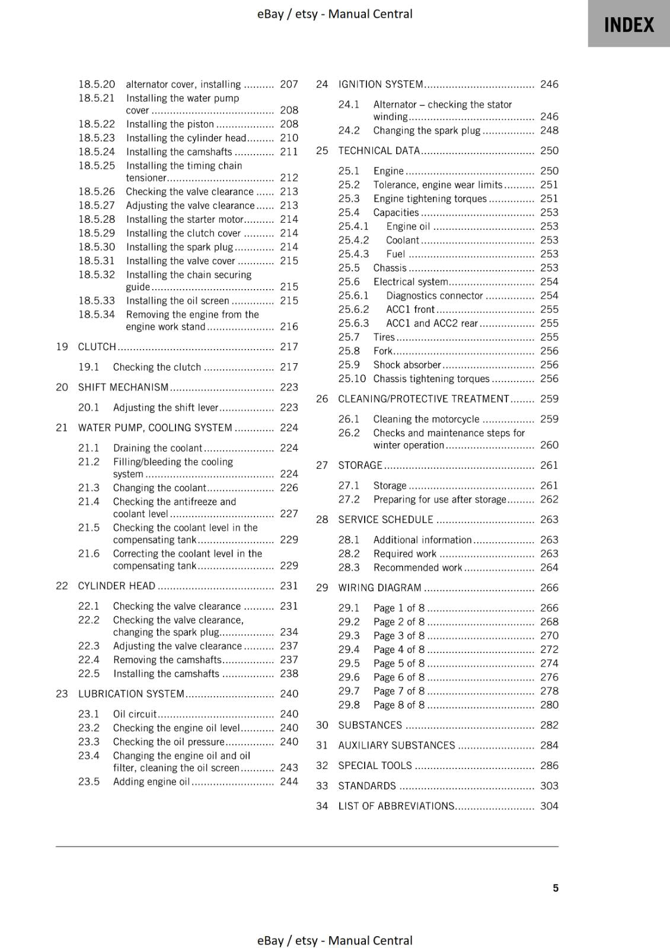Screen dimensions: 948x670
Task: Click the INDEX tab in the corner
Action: (x=628, y=25)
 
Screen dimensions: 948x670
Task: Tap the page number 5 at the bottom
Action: (x=556, y=888)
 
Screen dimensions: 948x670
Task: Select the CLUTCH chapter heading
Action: (x=97, y=347)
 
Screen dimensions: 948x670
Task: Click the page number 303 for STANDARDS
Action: (x=549, y=786)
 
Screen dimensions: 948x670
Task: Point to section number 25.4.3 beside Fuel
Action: (x=353, y=254)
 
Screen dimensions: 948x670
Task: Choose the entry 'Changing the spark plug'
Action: (x=426, y=130)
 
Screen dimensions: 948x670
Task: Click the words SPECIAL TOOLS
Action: (x=375, y=766)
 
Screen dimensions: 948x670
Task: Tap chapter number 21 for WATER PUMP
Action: (x=62, y=428)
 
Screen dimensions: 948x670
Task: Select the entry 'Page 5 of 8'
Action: (x=398, y=663)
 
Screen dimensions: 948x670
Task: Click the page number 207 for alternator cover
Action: (x=289, y=84)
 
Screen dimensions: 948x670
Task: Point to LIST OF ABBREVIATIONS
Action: (x=396, y=806)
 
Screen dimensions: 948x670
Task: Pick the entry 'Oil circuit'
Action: (x=135, y=714)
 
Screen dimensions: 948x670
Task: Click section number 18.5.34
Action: (x=97, y=315)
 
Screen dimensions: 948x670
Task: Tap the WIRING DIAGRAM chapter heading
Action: (x=379, y=588)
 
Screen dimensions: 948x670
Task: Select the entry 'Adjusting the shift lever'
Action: (x=165, y=408)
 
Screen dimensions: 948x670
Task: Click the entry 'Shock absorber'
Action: (x=407, y=365)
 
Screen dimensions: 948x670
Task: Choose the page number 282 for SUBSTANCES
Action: (x=549, y=725)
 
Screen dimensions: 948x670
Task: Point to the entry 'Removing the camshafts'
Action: (x=167, y=659)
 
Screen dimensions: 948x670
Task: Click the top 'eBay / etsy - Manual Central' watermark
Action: (x=334, y=14)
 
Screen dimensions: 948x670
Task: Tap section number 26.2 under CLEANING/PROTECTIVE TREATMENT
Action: (x=349, y=433)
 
